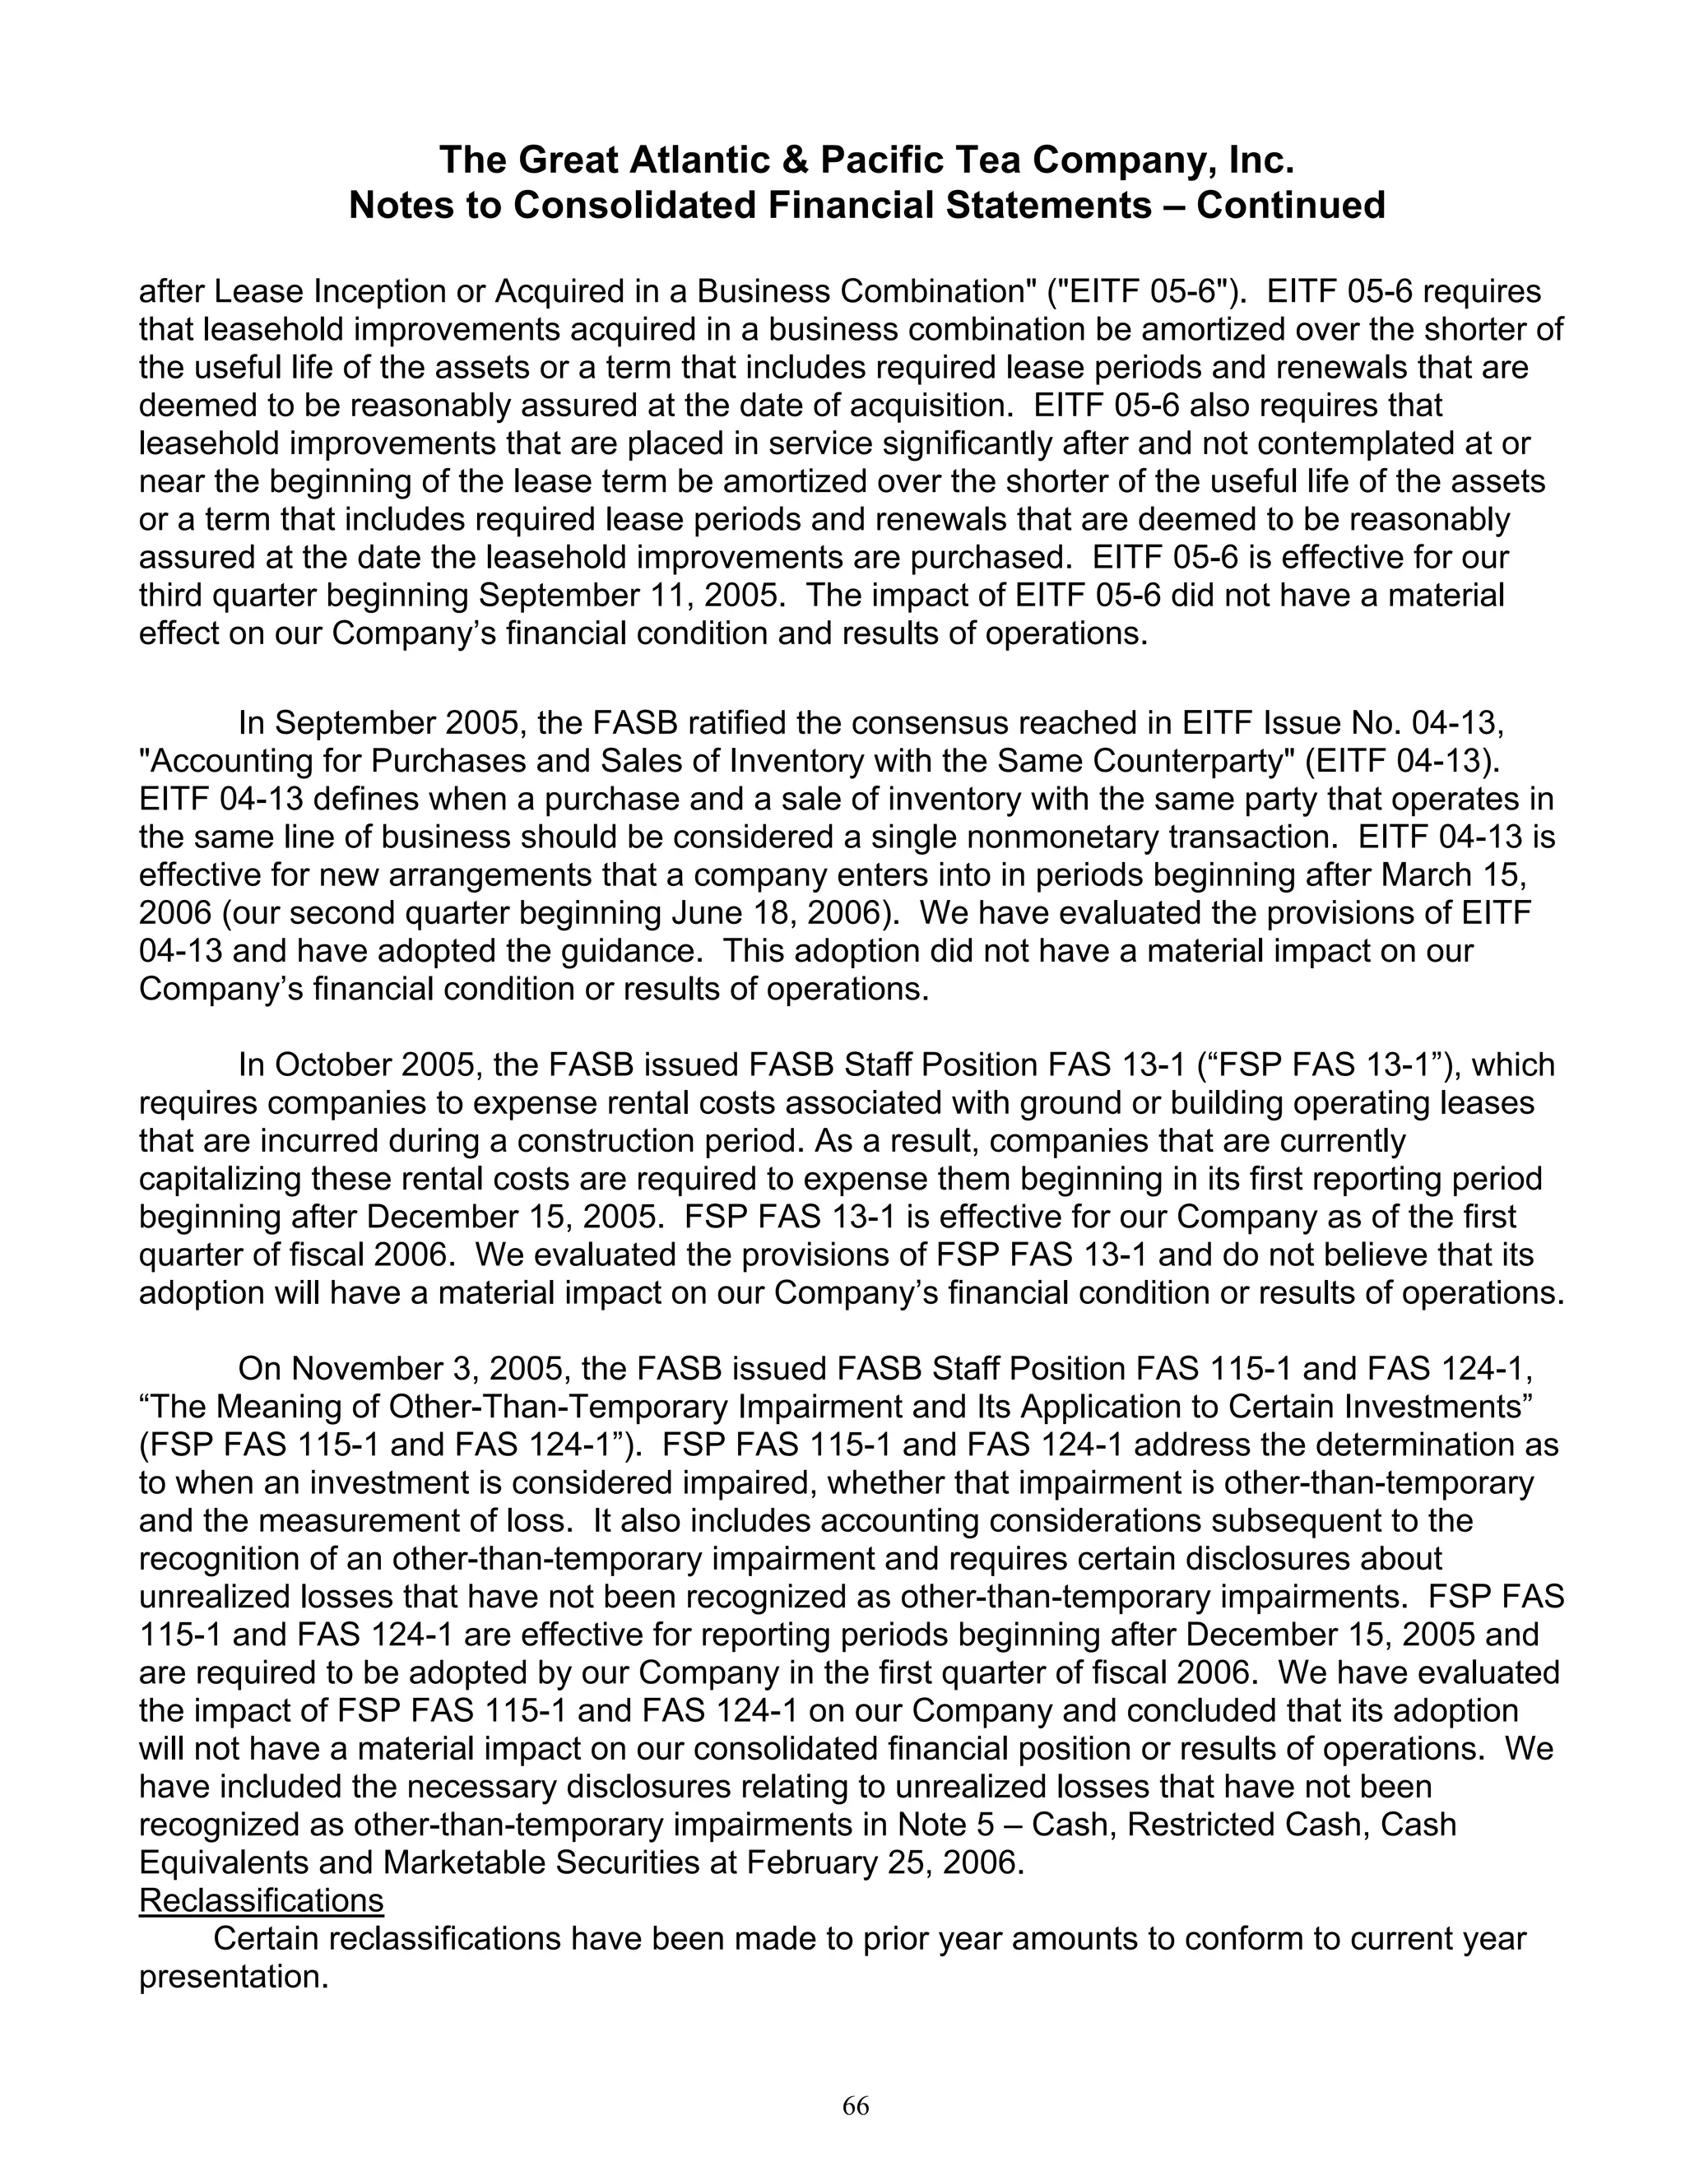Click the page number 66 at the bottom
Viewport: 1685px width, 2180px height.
856,2106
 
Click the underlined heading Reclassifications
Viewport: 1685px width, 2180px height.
261,1900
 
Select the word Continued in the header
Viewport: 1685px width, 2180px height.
1291,206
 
